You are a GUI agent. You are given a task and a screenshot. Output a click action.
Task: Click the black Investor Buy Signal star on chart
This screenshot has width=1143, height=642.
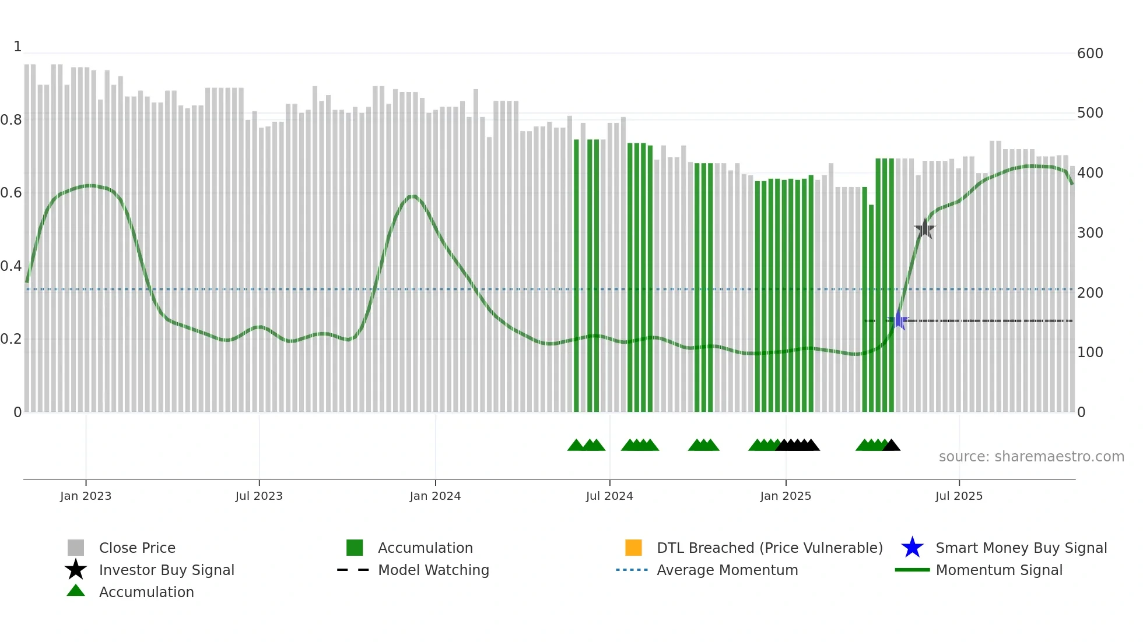coord(924,229)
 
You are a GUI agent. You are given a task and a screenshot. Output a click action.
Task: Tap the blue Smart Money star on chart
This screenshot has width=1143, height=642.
coord(899,320)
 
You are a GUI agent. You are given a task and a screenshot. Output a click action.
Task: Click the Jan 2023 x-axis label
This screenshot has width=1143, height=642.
coord(86,496)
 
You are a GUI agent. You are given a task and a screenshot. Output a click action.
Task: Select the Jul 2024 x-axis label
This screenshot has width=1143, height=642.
coord(609,496)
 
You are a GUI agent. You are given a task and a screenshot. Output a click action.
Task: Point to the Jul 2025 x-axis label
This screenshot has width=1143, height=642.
coord(959,496)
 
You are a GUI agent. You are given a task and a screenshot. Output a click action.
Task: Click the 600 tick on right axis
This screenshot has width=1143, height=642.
coord(1089,54)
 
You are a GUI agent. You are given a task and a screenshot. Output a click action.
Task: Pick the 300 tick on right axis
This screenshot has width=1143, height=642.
coord(1089,233)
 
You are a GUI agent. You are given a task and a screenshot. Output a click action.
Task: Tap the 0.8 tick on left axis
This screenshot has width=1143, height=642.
coord(11,120)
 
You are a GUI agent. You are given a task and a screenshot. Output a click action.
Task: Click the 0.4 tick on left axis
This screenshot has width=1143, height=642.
coord(11,266)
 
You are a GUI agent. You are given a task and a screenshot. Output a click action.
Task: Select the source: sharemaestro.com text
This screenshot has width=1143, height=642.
coord(1031,457)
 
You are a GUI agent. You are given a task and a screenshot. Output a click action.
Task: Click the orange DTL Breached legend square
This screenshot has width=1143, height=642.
coord(633,548)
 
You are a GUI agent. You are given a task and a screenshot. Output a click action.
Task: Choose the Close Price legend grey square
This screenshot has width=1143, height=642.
coord(76,548)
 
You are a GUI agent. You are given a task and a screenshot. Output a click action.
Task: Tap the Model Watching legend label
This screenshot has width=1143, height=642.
coord(433,570)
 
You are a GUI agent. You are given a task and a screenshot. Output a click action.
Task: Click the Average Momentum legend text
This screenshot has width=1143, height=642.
coord(727,570)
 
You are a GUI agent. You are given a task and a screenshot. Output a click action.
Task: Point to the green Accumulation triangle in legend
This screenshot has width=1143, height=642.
coord(76,591)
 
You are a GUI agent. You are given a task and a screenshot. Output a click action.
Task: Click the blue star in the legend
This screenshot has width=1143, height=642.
coord(912,548)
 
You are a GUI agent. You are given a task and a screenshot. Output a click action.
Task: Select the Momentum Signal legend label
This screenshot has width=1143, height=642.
coord(999,570)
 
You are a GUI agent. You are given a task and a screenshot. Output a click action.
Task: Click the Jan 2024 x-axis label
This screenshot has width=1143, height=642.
coord(435,496)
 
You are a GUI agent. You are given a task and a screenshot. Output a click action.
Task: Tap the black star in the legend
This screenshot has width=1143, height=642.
coord(76,570)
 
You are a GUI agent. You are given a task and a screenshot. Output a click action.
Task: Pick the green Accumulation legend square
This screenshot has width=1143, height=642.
coord(355,548)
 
